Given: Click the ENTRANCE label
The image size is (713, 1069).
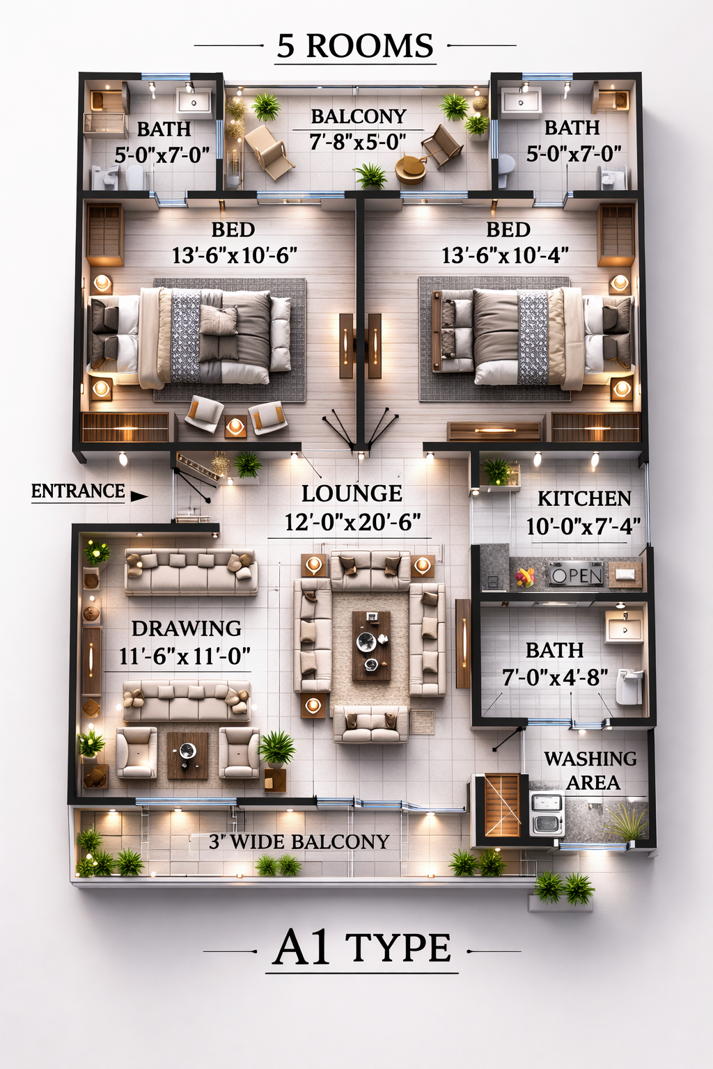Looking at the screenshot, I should [78, 491].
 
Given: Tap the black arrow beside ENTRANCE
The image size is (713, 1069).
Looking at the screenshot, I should [139, 496].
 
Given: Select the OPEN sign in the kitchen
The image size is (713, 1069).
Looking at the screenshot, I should [576, 576].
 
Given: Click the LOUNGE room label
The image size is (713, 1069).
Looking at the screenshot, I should [352, 493].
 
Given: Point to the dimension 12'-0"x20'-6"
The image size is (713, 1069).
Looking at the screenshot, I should [352, 522].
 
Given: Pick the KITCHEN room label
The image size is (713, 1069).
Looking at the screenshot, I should [584, 499].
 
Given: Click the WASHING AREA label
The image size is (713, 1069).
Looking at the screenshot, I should [590, 770].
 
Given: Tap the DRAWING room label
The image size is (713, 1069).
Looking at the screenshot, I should [187, 628].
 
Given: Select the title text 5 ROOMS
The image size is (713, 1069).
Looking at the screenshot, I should [355, 47].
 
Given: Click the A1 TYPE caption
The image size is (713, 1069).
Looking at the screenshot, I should [362, 948].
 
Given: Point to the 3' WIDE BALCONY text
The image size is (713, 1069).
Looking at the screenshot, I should [299, 842].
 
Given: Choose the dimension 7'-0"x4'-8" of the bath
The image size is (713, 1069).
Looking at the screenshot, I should [555, 677].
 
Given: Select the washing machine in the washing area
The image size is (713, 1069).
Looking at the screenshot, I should [547, 813].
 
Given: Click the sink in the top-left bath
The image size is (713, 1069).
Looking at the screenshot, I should [194, 102].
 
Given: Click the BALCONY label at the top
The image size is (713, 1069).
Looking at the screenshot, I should [358, 116].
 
